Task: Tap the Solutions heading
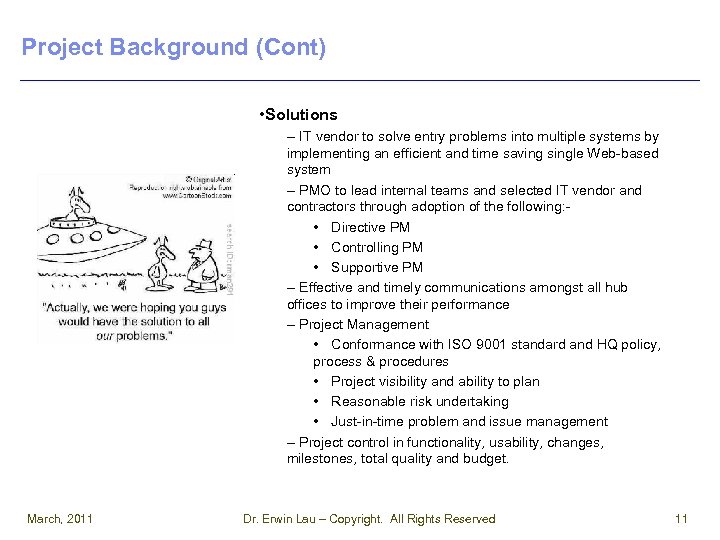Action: click(301, 115)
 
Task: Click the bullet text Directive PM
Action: click(370, 227)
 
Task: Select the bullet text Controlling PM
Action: click(377, 247)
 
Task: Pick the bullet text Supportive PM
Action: click(377, 267)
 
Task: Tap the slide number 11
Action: click(681, 518)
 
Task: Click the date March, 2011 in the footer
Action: click(60, 518)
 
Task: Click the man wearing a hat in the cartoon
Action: click(204, 268)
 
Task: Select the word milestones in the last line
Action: click(322, 459)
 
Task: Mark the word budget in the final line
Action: click(486, 459)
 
